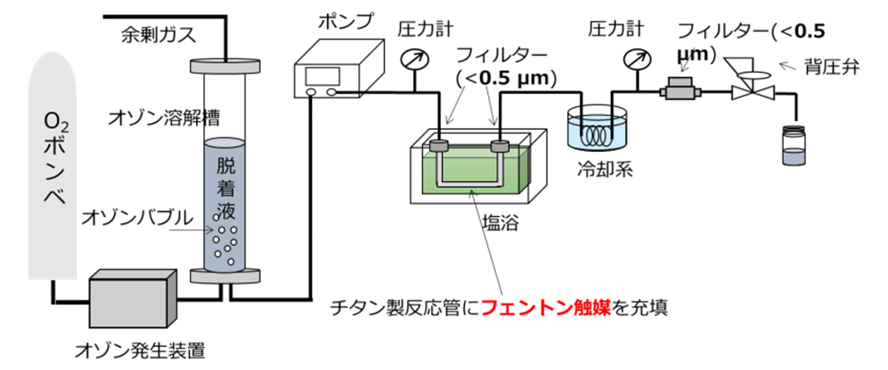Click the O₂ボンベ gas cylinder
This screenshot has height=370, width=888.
(x=52, y=167)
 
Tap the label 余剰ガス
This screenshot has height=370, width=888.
(x=158, y=35)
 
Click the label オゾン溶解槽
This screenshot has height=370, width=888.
(x=164, y=118)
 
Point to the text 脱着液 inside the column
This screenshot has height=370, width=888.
(x=226, y=188)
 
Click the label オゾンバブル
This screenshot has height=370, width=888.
(x=137, y=218)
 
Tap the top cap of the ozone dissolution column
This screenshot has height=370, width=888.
(x=225, y=66)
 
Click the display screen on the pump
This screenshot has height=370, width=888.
(x=322, y=76)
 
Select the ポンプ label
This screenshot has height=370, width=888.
(x=346, y=21)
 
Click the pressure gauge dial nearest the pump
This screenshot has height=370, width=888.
(x=414, y=60)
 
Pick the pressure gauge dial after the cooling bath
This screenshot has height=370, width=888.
(x=637, y=60)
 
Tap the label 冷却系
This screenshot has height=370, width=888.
(x=605, y=169)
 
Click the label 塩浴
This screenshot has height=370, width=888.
(x=501, y=224)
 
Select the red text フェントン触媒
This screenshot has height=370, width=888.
(x=546, y=308)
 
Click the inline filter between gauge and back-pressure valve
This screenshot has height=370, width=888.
(x=680, y=90)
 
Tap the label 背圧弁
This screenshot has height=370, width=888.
(x=832, y=67)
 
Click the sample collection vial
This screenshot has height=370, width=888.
(x=794, y=145)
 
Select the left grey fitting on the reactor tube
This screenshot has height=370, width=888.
(x=439, y=146)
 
